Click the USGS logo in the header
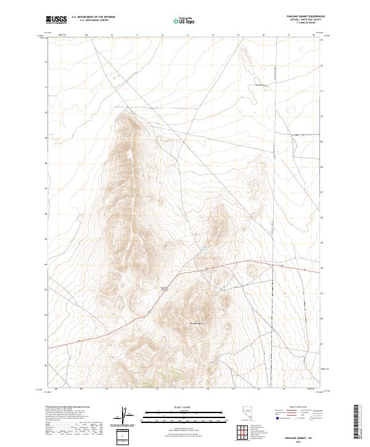pyautogui.click(x=57, y=20)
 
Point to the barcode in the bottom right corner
pyautogui.click(x=359, y=422)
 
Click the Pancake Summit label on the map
pyautogui.click(x=164, y=289)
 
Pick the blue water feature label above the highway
pyautogui.click(x=204, y=248)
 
